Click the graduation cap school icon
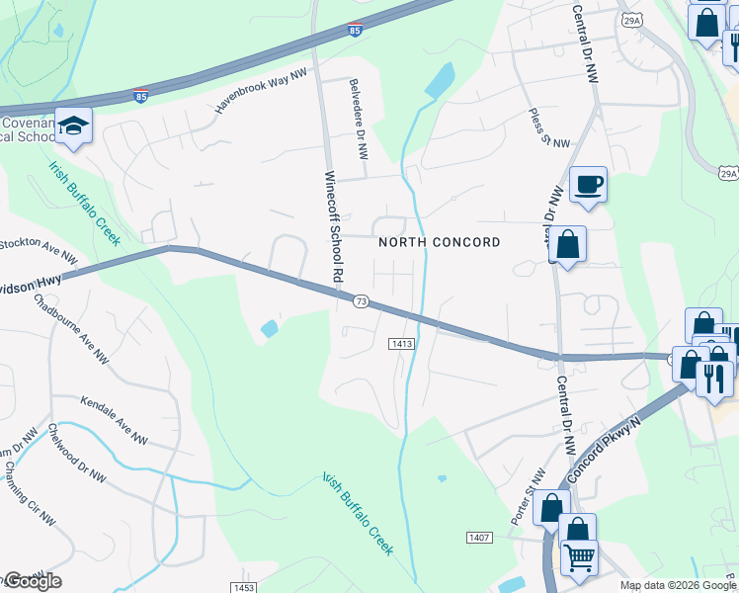pos(73,126)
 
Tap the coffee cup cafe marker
pos(588,184)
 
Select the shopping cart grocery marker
pos(578,555)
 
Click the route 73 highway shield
pos(361,301)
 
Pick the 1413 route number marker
pos(400,343)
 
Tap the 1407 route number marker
pos(479,537)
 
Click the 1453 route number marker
pos(244,587)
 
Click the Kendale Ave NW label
pos(115,422)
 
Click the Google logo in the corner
pos(32,581)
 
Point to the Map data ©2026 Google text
pos(677,585)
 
